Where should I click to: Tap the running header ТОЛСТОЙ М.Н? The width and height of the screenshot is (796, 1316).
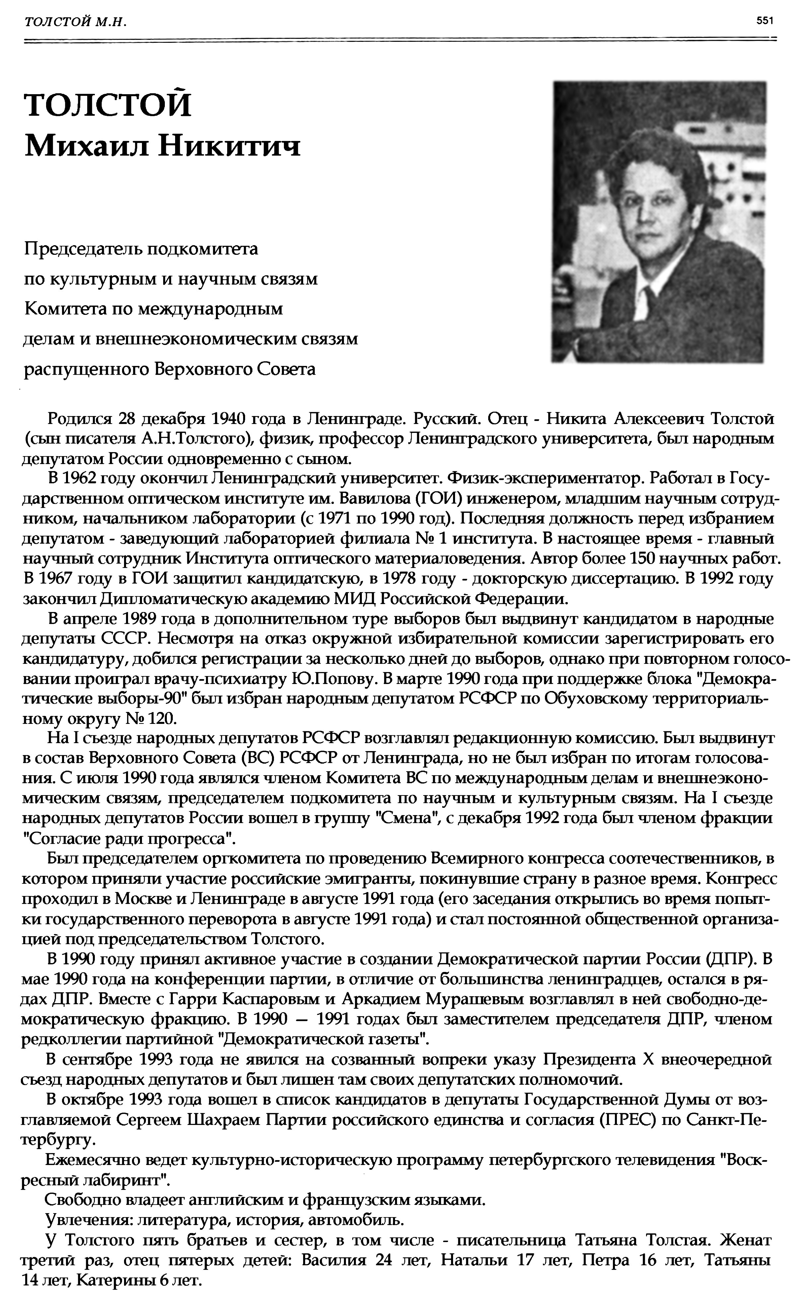click(x=75, y=21)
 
